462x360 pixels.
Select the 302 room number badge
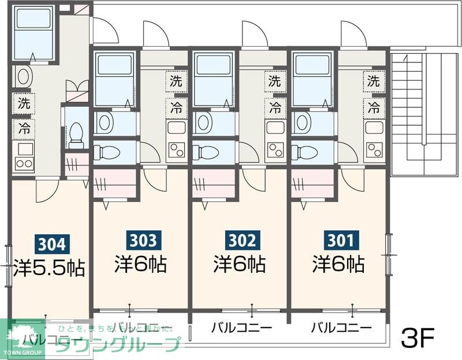pyautogui.click(x=240, y=238)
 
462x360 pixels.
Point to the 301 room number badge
pyautogui.click(x=339, y=238)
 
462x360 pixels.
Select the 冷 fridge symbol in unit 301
pyautogui.click(x=374, y=107)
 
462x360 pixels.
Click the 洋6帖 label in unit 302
pyautogui.click(x=240, y=264)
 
